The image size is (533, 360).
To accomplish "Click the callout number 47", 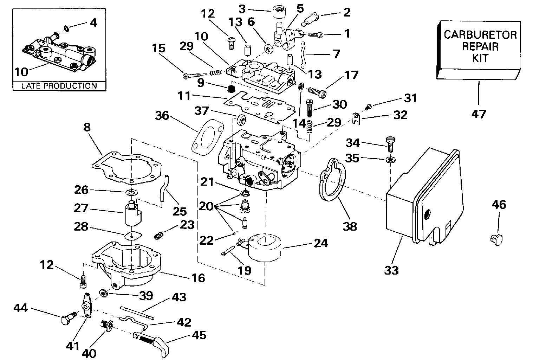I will [x=479, y=114].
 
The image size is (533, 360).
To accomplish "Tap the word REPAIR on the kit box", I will [x=480, y=46].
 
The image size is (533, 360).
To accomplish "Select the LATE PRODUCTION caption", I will [x=59, y=86].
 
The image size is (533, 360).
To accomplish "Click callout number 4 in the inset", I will [x=93, y=23].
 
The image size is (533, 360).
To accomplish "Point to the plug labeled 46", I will [x=495, y=239].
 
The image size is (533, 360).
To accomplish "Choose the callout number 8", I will [x=87, y=127].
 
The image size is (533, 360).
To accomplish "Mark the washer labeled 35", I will [x=389, y=160].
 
